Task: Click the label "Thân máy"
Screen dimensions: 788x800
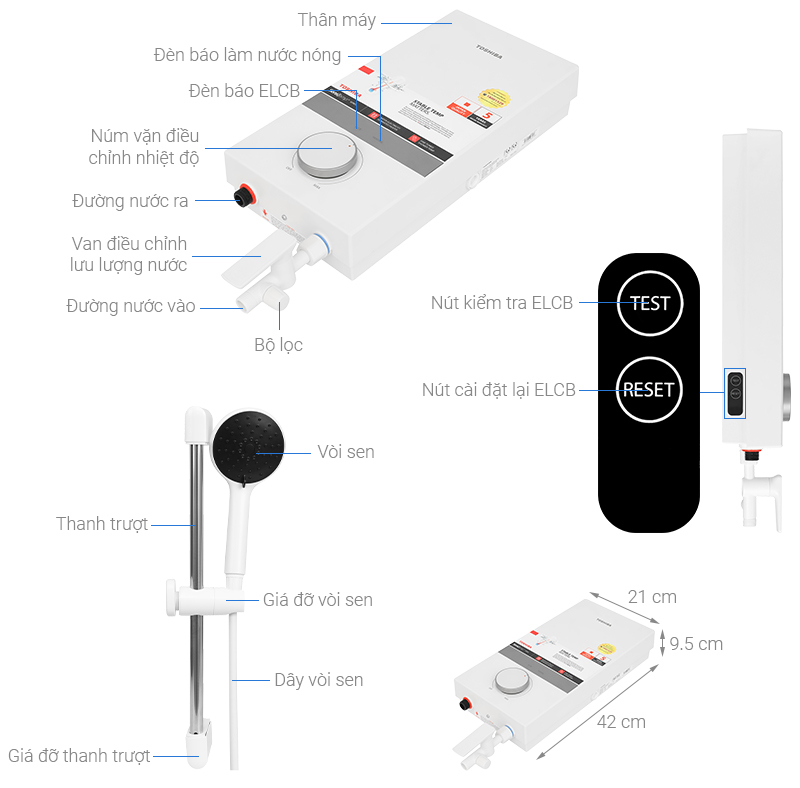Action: click(x=338, y=20)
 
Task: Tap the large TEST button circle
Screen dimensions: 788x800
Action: click(x=650, y=302)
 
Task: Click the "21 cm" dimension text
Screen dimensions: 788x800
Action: click(x=652, y=597)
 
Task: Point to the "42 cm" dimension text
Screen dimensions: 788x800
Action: click(x=621, y=722)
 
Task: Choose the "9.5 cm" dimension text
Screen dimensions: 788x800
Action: click(x=696, y=643)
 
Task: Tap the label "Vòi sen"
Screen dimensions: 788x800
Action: click(x=345, y=452)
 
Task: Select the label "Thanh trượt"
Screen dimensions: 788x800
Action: click(x=102, y=524)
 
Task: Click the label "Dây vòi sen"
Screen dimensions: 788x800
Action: click(x=318, y=680)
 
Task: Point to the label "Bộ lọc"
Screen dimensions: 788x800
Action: click(x=278, y=345)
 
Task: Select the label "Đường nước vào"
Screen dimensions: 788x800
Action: click(x=131, y=306)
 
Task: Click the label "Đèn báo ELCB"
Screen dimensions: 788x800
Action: click(x=244, y=91)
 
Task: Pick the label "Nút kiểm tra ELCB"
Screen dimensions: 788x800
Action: click(x=502, y=302)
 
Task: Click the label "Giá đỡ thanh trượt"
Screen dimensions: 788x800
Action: click(x=79, y=756)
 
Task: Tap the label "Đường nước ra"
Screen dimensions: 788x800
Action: click(x=130, y=201)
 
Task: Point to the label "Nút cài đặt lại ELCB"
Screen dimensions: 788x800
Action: click(x=498, y=390)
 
